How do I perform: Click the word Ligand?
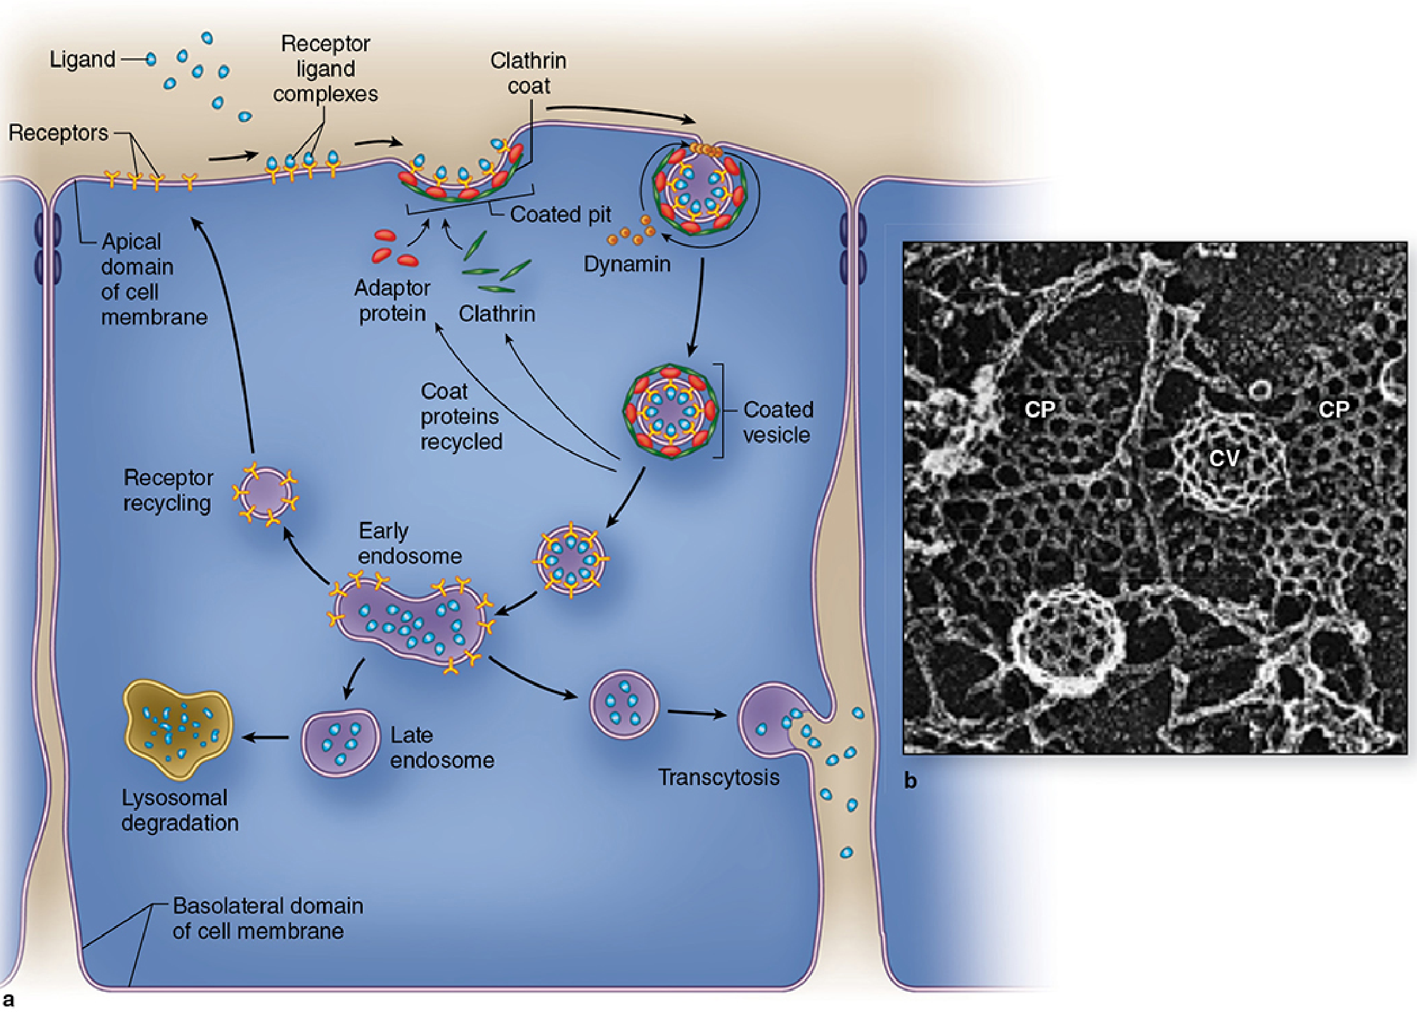click(x=82, y=59)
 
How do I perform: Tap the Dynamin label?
click(x=627, y=264)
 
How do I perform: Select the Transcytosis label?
click(x=718, y=777)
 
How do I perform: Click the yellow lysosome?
click(x=178, y=729)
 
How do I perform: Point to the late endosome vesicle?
click(x=340, y=742)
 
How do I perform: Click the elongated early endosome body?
click(x=411, y=623)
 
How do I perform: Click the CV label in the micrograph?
click(x=1224, y=457)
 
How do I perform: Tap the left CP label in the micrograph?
click(x=1040, y=409)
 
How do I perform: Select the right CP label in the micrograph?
click(x=1334, y=409)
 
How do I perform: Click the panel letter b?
click(x=910, y=781)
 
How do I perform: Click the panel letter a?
click(x=8, y=1000)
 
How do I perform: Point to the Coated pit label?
click(x=560, y=215)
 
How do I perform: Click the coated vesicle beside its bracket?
click(x=671, y=411)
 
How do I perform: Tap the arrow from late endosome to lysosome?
click(x=266, y=737)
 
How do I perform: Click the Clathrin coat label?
click(x=529, y=73)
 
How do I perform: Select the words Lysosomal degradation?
click(x=180, y=810)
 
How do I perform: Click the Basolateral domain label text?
click(x=267, y=918)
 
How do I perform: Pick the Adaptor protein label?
click(x=392, y=300)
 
